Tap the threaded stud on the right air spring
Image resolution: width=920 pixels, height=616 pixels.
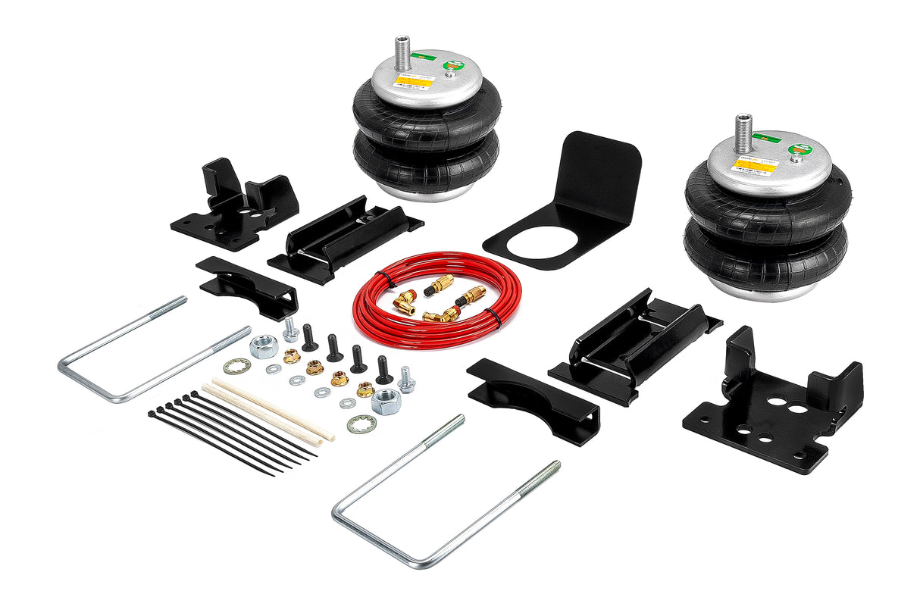(x=743, y=132)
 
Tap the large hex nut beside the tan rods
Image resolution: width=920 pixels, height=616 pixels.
(x=385, y=402)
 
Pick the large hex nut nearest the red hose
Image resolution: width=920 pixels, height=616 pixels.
(x=262, y=346)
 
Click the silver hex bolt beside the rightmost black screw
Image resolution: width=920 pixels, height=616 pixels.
(x=406, y=378)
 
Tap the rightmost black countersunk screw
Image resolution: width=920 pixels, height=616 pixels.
(x=383, y=369)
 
